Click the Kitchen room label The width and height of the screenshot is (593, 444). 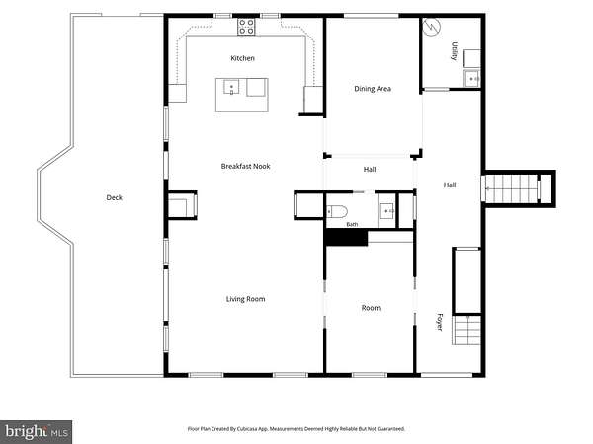coord(242,58)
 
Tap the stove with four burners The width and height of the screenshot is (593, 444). coord(246,27)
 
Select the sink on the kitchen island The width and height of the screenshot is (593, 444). coord(231,87)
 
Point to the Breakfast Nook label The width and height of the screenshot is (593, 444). coord(245,166)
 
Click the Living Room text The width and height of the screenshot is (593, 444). coord(245,299)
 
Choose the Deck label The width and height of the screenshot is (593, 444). coord(115,197)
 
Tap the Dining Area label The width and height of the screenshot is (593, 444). coord(373,89)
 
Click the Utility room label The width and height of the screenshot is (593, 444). coord(455,51)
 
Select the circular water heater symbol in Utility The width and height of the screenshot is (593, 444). coord(432,27)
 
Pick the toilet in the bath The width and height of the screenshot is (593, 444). coord(337,212)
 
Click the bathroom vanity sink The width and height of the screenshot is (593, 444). coord(386,211)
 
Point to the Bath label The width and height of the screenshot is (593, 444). coord(352,225)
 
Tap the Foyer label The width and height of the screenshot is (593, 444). coord(440,322)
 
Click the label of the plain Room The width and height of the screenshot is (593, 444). coord(371,308)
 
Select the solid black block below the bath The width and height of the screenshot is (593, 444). coord(347,238)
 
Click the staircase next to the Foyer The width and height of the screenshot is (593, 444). coord(467,331)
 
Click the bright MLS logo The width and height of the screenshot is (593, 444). coord(36,432)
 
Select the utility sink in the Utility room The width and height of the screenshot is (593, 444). coord(471,79)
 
